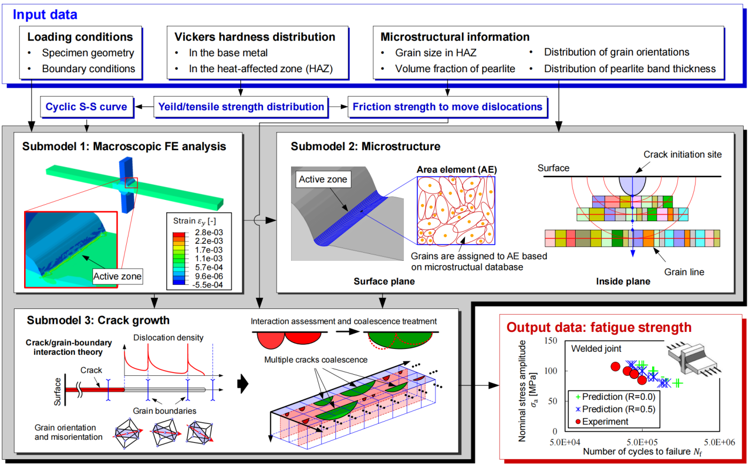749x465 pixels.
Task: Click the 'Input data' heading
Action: coord(45,15)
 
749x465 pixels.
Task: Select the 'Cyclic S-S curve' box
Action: coord(87,107)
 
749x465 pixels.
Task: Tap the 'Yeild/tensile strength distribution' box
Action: coord(241,107)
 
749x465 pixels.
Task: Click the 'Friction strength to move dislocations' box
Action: coord(447,107)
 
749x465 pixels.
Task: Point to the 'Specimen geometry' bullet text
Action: coord(88,53)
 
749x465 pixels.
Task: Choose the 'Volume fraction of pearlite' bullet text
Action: coord(455,68)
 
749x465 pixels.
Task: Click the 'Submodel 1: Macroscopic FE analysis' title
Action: coord(124,146)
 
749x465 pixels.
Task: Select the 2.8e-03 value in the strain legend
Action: coord(209,232)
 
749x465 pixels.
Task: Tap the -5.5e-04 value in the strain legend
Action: coord(208,284)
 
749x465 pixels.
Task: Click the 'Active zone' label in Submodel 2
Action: coord(323,180)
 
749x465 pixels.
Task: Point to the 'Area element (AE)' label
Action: coord(457,170)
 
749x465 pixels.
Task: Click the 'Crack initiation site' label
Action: coord(683,154)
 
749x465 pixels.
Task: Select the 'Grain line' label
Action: coord(684,272)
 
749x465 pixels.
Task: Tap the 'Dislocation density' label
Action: coord(168,338)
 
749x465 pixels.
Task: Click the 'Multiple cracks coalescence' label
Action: coord(316,360)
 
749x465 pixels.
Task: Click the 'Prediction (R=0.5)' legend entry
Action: coord(615,409)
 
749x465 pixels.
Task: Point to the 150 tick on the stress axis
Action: coord(551,341)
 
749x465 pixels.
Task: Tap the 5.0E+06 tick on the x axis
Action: coord(720,443)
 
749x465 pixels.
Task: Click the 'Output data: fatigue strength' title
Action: coord(599,327)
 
